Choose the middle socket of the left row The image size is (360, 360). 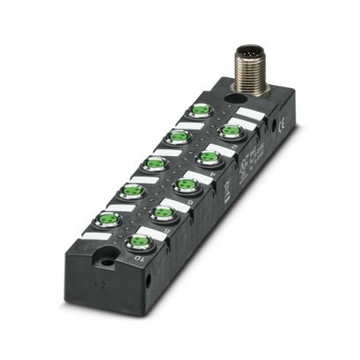[x=156, y=163]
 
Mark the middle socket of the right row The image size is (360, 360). [x=185, y=185]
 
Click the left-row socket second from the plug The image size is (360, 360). [x=179, y=137]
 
